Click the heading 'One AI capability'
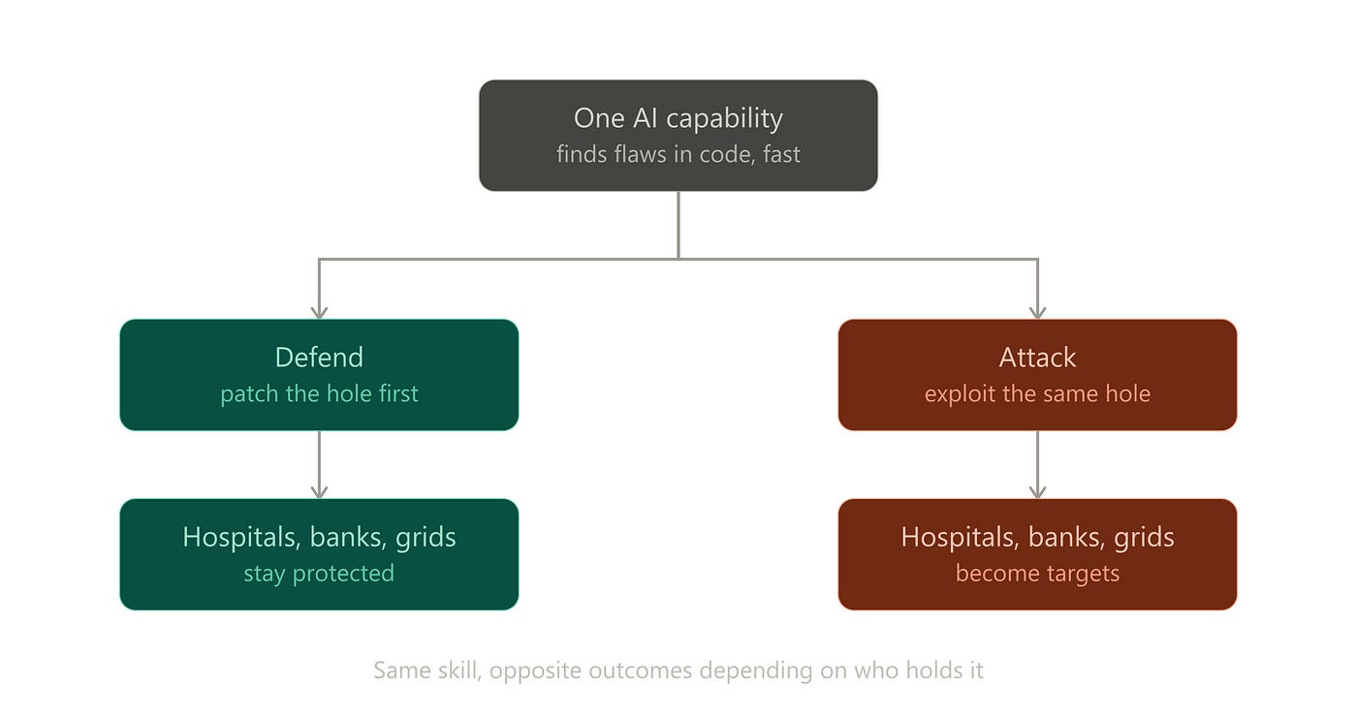(x=678, y=118)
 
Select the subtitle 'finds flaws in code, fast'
(x=678, y=154)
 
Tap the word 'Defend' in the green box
(x=319, y=358)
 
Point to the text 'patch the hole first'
(x=319, y=394)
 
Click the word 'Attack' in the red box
(x=1037, y=358)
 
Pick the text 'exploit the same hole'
(x=1037, y=394)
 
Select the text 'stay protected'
(x=319, y=574)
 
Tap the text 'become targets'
(x=1037, y=574)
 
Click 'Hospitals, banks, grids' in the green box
(x=319, y=537)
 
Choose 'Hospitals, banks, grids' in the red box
(x=1037, y=537)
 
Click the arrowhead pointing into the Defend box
(x=319, y=312)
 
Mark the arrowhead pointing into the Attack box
(x=1038, y=312)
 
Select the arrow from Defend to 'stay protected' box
(x=319, y=464)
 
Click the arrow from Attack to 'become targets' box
(x=1038, y=464)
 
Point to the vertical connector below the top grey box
(x=678, y=225)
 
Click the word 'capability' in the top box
(x=725, y=118)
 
